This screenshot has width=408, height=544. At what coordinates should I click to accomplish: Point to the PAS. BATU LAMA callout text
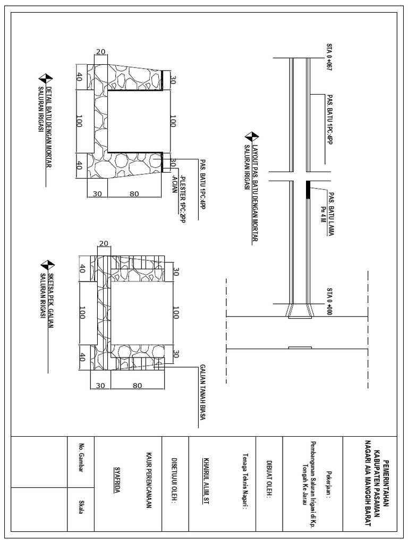(330, 209)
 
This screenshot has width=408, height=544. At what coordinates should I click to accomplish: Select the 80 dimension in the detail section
(134, 194)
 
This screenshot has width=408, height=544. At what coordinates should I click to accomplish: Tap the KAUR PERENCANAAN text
(150, 481)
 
